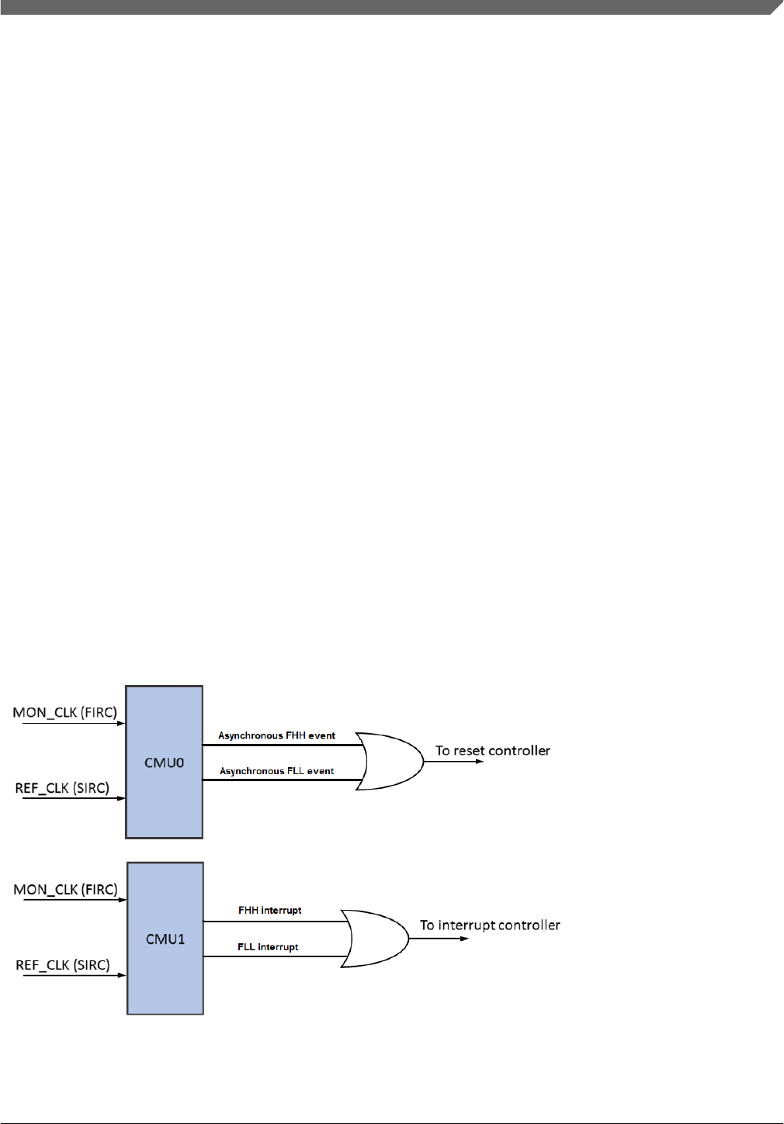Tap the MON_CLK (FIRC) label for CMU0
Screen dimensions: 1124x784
[x=65, y=712]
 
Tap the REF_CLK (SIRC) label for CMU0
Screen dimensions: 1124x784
[x=62, y=788]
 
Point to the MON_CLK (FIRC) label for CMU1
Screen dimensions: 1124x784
[x=65, y=889]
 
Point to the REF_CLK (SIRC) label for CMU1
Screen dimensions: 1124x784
[x=63, y=965]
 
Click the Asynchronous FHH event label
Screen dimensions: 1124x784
[x=277, y=735]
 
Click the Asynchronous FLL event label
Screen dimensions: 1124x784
[x=277, y=771]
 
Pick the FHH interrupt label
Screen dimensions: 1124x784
[x=270, y=910]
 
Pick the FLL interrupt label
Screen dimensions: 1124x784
[x=268, y=947]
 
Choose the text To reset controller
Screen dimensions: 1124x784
[x=493, y=750]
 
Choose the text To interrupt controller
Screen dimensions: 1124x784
[x=490, y=925]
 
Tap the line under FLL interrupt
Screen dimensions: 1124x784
[x=272, y=956]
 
